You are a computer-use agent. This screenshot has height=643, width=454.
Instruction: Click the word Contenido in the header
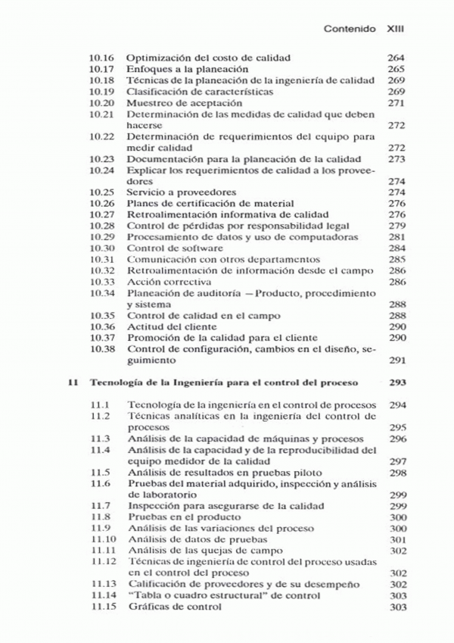[350, 29]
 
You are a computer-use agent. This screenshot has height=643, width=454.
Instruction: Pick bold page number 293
[396, 383]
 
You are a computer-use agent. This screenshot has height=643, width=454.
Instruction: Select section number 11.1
[100, 405]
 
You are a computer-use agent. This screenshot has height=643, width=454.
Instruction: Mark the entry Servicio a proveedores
[182, 192]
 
